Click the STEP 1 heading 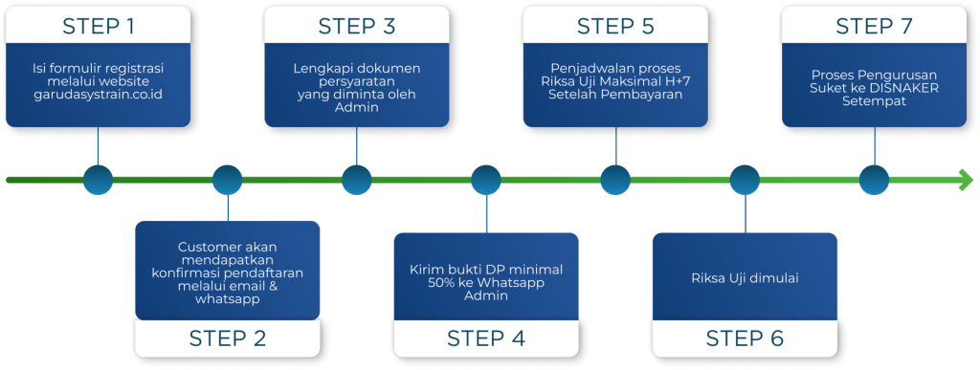(98, 26)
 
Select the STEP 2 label (228, 337)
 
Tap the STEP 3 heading (356, 26)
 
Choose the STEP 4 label (485, 337)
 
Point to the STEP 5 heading (615, 26)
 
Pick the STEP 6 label (745, 337)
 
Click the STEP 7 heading (874, 26)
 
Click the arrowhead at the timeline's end (965, 179)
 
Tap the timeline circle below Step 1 (98, 180)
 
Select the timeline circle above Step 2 (227, 180)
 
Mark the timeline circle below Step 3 (356, 180)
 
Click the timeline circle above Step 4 (486, 180)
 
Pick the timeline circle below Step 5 (615, 180)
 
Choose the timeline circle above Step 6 (745, 180)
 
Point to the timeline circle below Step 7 (874, 180)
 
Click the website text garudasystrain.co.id (98, 96)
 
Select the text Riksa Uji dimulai (745, 278)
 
